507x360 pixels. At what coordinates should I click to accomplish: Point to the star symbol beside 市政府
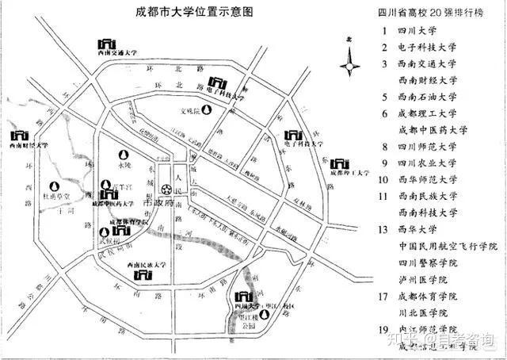point(167,190)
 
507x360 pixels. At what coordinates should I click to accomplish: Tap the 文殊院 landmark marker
point(189,112)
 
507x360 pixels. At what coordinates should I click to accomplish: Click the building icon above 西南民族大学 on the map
point(144,274)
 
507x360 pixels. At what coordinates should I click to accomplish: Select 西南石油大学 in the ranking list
point(428,98)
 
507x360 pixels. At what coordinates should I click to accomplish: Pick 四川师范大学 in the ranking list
point(428,147)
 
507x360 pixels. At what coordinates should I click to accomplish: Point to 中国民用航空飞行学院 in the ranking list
point(448,247)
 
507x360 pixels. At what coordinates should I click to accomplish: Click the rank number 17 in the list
point(384,297)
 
